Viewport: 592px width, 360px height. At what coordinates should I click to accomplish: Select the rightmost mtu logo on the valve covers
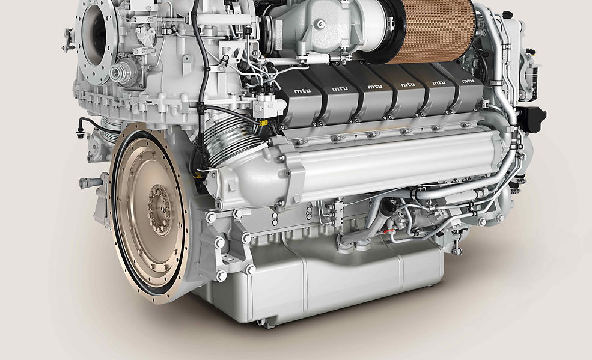point(468,81)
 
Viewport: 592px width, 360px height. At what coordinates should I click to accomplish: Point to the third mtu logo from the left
point(375,87)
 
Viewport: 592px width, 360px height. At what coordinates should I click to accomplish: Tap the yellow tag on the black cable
point(264,123)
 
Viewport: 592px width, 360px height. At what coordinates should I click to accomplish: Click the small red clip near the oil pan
point(386,231)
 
